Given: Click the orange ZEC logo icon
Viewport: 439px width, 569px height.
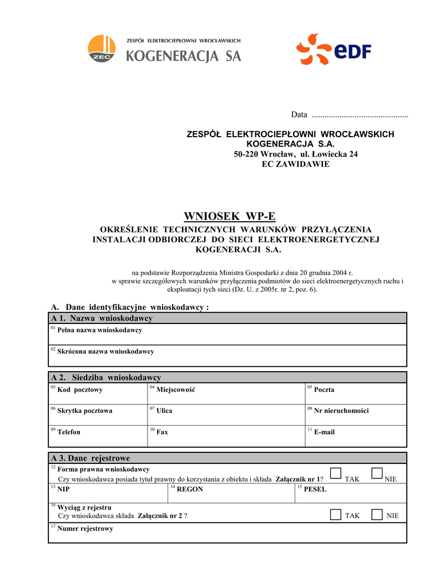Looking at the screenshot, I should click(102, 48).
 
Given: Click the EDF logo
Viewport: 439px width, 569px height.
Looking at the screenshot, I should click(333, 51).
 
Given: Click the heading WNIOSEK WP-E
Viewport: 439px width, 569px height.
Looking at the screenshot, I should click(229, 216).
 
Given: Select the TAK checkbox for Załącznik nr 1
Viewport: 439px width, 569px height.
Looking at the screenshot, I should click(335, 473).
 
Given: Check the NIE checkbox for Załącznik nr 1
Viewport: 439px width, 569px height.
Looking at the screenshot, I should click(377, 473).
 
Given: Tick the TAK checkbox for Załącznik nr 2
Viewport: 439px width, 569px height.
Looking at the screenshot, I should click(335, 515).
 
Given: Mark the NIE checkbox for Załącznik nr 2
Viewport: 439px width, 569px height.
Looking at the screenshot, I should click(377, 515).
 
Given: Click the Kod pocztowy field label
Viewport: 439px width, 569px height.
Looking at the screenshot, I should click(80, 390).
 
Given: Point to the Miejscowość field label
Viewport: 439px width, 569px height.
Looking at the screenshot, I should click(175, 390).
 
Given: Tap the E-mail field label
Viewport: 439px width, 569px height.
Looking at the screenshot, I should click(324, 432).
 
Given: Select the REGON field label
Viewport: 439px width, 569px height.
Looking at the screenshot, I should click(190, 490).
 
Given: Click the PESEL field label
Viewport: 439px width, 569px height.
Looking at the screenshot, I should click(315, 490).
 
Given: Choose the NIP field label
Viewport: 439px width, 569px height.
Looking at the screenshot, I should click(64, 490).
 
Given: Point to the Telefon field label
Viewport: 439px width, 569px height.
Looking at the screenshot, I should click(69, 432).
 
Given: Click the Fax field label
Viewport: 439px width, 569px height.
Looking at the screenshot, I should click(162, 432).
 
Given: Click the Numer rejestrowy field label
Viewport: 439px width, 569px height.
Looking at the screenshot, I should click(85, 529).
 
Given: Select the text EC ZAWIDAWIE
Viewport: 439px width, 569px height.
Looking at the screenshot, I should click(295, 164).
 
